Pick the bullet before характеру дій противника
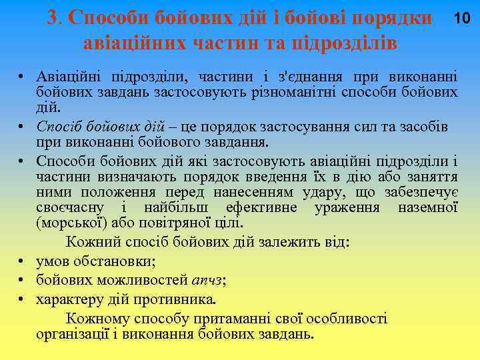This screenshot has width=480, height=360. point(22,299)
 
